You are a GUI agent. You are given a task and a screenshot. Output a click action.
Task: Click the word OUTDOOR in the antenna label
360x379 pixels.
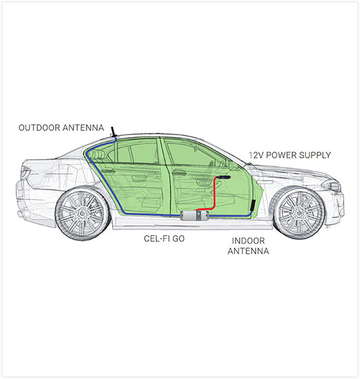click(39, 128)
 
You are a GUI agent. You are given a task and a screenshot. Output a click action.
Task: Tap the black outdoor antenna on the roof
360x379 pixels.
click(113, 132)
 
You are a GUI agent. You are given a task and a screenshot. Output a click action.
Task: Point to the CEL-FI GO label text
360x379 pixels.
click(164, 239)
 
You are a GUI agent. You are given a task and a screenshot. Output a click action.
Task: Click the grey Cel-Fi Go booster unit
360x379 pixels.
click(194, 215)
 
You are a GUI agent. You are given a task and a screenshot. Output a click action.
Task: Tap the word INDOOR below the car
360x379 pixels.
click(249, 241)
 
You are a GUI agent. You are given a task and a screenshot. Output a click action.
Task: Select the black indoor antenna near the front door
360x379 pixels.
click(252, 205)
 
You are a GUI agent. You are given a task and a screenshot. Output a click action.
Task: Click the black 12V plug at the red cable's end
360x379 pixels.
click(224, 177)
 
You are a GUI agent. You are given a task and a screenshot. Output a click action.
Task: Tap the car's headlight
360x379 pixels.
click(331, 186)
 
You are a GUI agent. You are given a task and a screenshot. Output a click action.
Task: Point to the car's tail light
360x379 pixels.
click(26, 172)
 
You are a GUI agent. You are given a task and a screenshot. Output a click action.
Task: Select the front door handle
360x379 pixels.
click(179, 172)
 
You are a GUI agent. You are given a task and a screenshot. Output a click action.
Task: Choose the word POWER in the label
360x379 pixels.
click(281, 155)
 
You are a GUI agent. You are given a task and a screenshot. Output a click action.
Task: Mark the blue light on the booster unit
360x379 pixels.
click(198, 214)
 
